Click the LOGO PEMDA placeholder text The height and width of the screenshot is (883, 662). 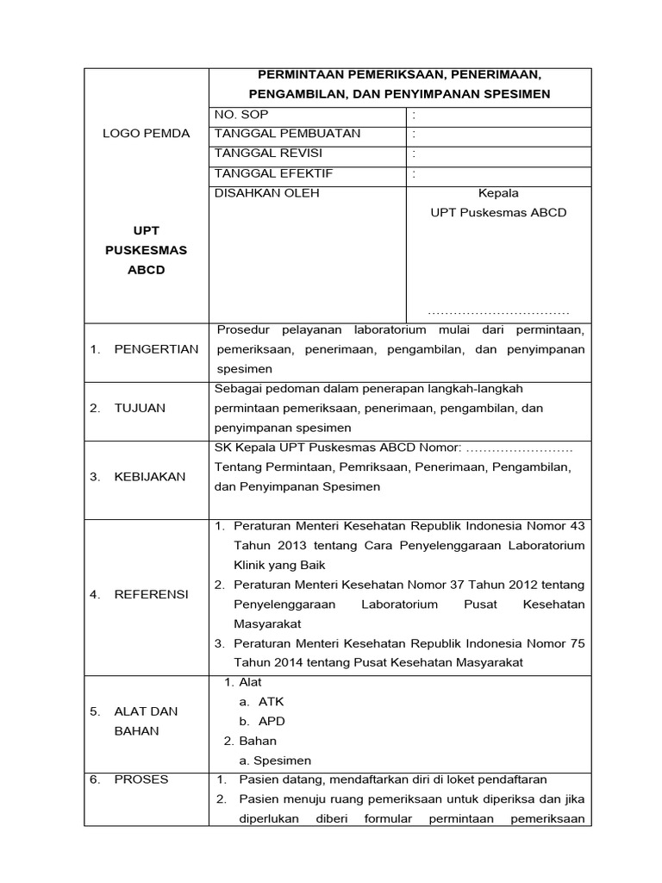pyautogui.click(x=147, y=134)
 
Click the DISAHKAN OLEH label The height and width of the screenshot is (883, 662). pyautogui.click(x=266, y=193)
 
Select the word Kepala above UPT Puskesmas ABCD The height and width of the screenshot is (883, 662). pyautogui.click(x=498, y=193)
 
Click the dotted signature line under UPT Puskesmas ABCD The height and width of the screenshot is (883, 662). pyautogui.click(x=498, y=312)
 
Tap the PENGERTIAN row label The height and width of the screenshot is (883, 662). pyautogui.click(x=156, y=349)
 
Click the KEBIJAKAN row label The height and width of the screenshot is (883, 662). pyautogui.click(x=149, y=477)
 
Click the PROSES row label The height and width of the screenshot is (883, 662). pyautogui.click(x=141, y=780)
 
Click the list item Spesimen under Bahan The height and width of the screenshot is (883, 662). pyautogui.click(x=282, y=761)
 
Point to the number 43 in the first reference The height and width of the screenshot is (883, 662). pyautogui.click(x=577, y=525)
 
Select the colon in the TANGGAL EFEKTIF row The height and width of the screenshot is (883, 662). pyautogui.click(x=414, y=173)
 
